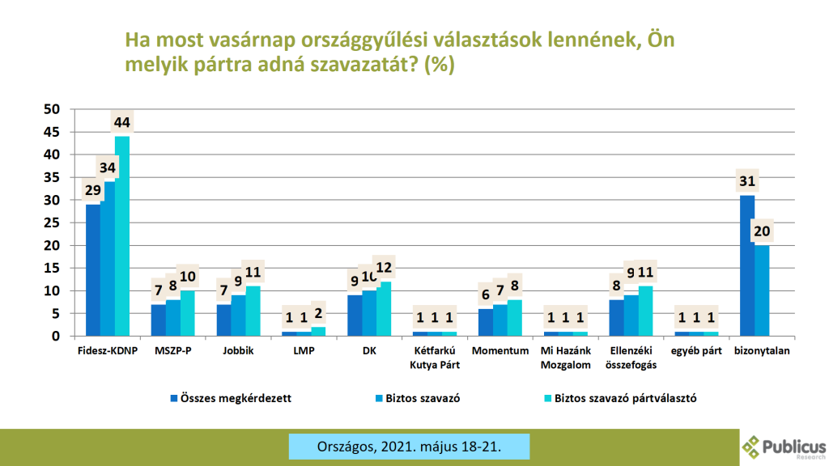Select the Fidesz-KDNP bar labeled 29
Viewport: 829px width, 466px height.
pyautogui.click(x=93, y=270)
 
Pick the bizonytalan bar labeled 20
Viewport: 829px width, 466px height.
pyautogui.click(x=761, y=290)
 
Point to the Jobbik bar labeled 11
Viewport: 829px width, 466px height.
pyautogui.click(x=253, y=311)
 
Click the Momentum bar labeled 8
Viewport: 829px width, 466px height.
pyautogui.click(x=514, y=318)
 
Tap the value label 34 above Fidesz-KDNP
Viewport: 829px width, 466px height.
pyautogui.click(x=108, y=168)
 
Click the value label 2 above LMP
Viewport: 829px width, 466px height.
pyautogui.click(x=317, y=314)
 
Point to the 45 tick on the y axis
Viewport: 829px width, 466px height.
pyautogui.click(x=53, y=132)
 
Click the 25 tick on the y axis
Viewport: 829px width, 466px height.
pyautogui.click(x=53, y=222)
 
